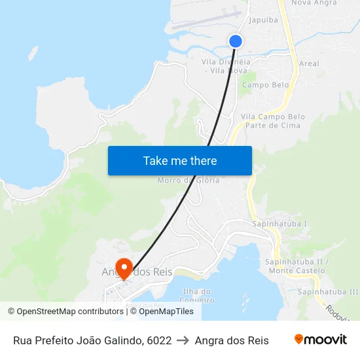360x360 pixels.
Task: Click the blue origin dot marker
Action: tap(236, 41)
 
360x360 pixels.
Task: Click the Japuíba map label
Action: tap(264, 20)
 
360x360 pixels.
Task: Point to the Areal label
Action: tap(308, 63)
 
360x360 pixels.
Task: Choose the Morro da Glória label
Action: tap(189, 180)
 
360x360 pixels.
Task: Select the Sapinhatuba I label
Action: tap(279, 224)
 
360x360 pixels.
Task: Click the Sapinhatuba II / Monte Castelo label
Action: tap(297, 266)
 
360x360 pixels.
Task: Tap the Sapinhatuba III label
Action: tap(327, 291)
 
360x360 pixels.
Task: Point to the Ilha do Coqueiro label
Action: tap(198, 295)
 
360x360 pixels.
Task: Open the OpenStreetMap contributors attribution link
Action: tap(65, 312)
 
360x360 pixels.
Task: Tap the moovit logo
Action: tap(320, 340)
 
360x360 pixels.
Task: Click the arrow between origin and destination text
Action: tap(183, 340)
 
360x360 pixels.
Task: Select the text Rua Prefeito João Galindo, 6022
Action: tap(92, 340)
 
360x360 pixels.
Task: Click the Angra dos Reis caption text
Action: tap(232, 340)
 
